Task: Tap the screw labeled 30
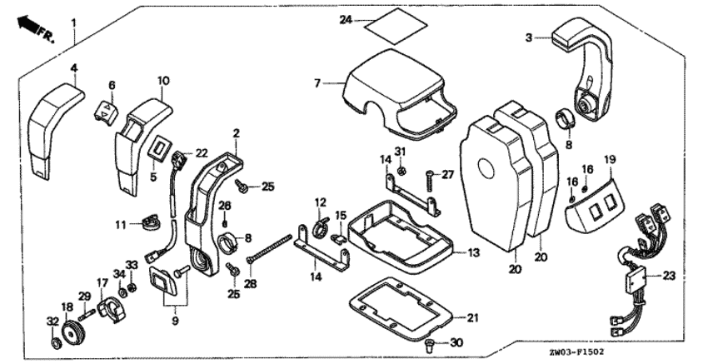(x=429, y=342)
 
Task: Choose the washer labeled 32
(x=54, y=342)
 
